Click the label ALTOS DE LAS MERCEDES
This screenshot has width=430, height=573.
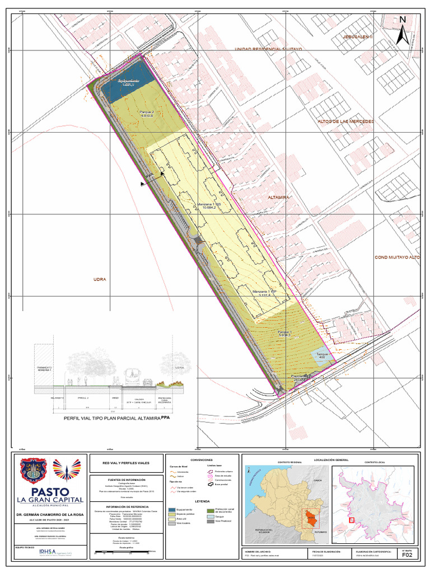click(345, 121)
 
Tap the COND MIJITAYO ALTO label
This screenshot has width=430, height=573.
click(398, 257)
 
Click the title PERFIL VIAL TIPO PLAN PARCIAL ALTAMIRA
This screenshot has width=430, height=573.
click(112, 418)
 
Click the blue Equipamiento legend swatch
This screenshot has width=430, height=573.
click(172, 510)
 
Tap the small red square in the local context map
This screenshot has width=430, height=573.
click(352, 520)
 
